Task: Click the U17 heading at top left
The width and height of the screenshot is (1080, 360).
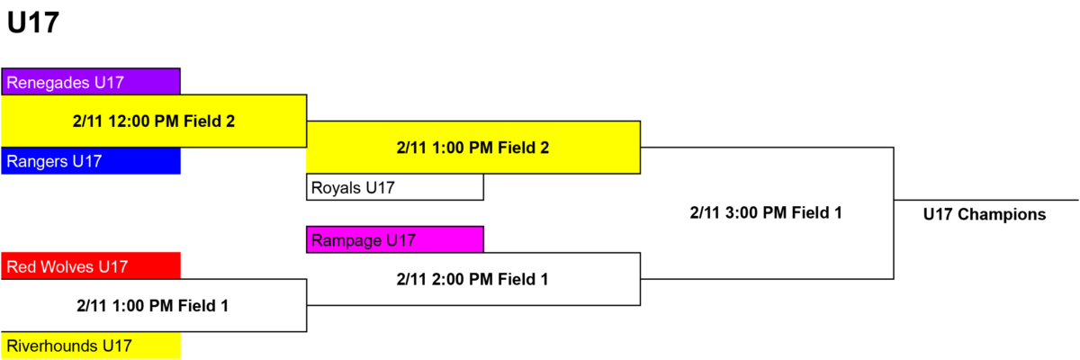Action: (32, 22)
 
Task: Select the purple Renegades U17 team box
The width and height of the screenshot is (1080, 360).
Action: (91, 81)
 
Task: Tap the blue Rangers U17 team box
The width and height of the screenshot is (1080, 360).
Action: (91, 160)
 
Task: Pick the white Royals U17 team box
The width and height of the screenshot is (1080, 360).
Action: (395, 187)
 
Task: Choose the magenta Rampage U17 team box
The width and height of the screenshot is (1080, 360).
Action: (395, 239)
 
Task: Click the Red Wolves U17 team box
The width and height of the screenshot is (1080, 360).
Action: (91, 266)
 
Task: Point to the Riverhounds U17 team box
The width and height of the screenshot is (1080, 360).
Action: (91, 345)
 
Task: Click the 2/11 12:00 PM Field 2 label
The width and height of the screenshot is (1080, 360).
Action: (154, 121)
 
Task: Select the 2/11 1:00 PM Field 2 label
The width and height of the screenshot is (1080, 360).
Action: (473, 148)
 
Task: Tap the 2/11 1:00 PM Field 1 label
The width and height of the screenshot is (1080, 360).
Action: (152, 305)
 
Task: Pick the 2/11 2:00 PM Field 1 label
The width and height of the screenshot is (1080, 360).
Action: (472, 279)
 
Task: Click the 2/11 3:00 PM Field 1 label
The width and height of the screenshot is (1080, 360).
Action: (766, 212)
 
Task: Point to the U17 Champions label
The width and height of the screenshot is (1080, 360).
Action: (985, 214)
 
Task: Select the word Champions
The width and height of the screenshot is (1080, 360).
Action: (1002, 214)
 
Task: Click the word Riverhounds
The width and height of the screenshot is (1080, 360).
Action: (52, 346)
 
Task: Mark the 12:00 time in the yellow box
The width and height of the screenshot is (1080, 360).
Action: (129, 121)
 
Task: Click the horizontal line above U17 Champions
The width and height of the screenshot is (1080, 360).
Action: (986, 200)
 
